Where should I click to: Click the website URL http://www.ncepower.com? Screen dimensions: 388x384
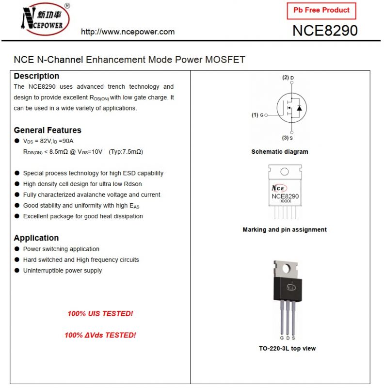pyautogui.click(x=128, y=32)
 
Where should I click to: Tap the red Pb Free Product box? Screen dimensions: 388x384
pyautogui.click(x=321, y=10)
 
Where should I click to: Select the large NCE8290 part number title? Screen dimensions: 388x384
pyautogui.click(x=325, y=31)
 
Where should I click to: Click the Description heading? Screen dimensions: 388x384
pyautogui.click(x=36, y=76)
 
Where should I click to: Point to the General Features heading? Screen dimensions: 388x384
pyautogui.click(x=48, y=130)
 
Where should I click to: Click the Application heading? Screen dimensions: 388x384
pyautogui.click(x=36, y=238)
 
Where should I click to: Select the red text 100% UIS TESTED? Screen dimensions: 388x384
pyautogui.click(x=100, y=314)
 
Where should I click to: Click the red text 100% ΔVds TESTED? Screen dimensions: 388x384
pyautogui.click(x=100, y=335)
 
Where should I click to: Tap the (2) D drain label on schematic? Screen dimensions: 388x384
pyautogui.click(x=288, y=78)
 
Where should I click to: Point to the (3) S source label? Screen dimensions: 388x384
pyautogui.click(x=288, y=138)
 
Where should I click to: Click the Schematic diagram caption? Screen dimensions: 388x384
pyautogui.click(x=279, y=152)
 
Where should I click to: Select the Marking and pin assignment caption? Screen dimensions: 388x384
pyautogui.click(x=285, y=229)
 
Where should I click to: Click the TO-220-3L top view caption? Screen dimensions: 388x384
pyautogui.click(x=287, y=348)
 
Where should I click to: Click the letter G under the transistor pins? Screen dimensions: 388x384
pyautogui.click(x=282, y=338)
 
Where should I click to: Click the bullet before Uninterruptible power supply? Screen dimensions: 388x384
pyautogui.click(x=17, y=271)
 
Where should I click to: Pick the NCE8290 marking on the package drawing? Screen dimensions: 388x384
pyautogui.click(x=285, y=196)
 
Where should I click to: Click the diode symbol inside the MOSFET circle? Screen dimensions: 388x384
pyautogui.click(x=299, y=108)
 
